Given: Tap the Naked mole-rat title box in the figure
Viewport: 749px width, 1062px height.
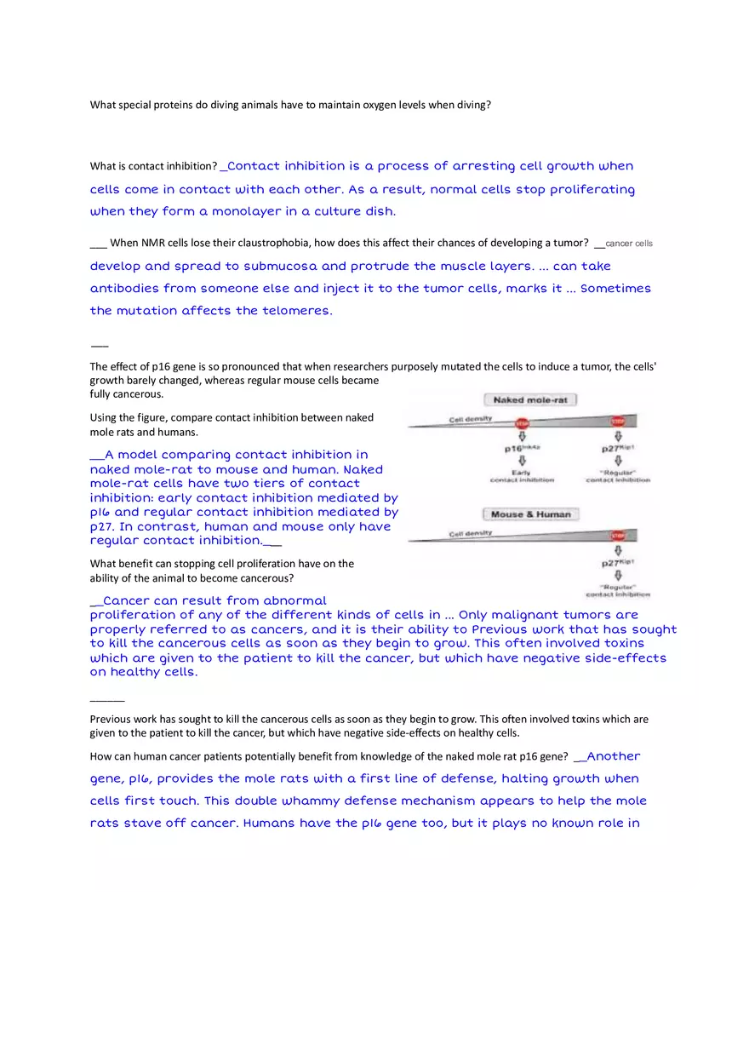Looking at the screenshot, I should click(530, 399).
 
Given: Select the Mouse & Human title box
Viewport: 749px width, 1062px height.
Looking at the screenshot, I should click(530, 514).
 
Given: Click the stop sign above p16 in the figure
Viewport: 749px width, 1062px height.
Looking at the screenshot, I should click(522, 422).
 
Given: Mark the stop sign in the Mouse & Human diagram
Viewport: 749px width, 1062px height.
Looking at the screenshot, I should click(618, 537).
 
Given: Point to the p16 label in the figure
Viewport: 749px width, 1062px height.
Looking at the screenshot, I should click(522, 447).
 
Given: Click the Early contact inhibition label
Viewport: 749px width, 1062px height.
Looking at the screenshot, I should click(522, 476).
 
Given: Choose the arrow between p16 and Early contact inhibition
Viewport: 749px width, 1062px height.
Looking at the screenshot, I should click(522, 461).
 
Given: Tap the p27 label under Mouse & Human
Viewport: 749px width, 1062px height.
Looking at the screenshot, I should click(618, 563).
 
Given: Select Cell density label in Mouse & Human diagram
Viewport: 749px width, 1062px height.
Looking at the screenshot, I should click(471, 534).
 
